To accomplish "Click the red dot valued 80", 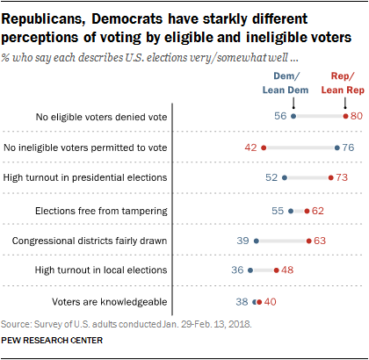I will click(x=344, y=116).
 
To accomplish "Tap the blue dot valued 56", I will click(x=293, y=116).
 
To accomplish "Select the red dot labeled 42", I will click(x=263, y=147).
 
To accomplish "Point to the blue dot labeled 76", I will click(x=336, y=147).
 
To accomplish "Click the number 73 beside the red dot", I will click(x=344, y=177).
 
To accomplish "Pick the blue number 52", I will click(x=271, y=177).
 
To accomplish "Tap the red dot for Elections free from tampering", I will click(x=306, y=211).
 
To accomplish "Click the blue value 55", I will click(x=278, y=211).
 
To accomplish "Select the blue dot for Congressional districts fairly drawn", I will click(x=256, y=240).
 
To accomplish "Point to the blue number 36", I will click(x=236, y=270).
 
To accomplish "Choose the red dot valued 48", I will click(x=276, y=270).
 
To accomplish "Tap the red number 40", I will click(x=271, y=301).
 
